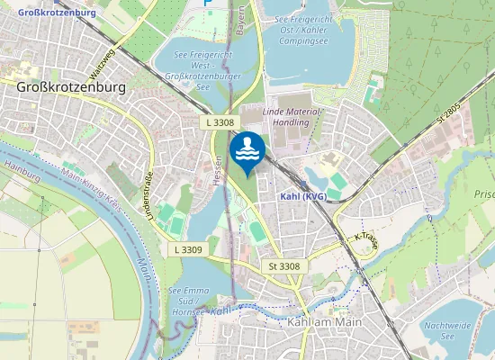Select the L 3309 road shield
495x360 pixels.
189,248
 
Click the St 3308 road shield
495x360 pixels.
283,266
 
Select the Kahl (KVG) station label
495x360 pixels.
303,196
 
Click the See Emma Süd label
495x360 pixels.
189,297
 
